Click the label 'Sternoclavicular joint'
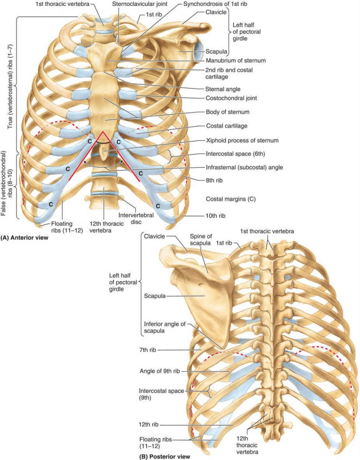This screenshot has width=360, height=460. (140, 4)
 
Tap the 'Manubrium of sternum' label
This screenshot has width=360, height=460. (236, 61)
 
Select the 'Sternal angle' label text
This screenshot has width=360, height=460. (223, 89)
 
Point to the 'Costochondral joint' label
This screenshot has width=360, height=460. (231, 98)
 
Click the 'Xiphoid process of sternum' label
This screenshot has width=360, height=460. (242, 140)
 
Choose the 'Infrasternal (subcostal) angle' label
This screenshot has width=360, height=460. (245, 167)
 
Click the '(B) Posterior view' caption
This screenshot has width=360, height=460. (165, 456)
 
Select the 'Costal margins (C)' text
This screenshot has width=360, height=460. (231, 199)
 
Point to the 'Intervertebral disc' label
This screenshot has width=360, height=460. (136, 219)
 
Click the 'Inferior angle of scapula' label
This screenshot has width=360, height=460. (165, 327)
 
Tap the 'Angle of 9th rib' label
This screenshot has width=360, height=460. (160, 371)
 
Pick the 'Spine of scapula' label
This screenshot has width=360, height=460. (200, 240)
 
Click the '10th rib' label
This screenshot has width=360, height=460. (215, 216)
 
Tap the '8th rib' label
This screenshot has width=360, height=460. (214, 181)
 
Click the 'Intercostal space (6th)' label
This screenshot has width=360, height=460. (235, 154)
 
